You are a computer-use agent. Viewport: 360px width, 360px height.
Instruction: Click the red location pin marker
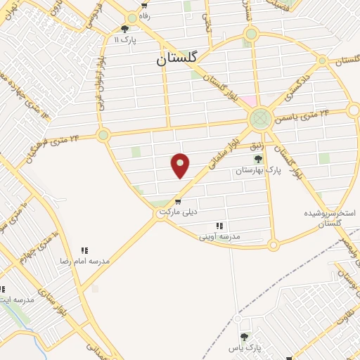point(181,165)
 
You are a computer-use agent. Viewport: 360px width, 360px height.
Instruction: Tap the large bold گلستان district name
point(179,60)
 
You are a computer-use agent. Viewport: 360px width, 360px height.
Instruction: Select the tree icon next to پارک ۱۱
point(125,29)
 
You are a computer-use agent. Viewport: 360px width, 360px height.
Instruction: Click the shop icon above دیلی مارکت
point(177,201)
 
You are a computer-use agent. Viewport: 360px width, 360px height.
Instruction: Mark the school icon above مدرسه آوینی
point(219,226)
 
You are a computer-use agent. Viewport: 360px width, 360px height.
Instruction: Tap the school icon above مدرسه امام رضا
point(84,250)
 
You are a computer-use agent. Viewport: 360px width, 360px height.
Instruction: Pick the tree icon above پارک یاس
point(244,337)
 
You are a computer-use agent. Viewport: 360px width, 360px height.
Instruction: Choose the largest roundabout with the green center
point(260,117)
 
